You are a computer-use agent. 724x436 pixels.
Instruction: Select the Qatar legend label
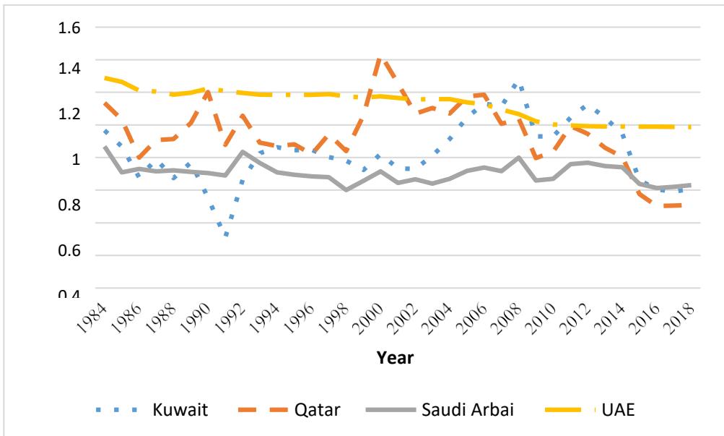click(x=318, y=410)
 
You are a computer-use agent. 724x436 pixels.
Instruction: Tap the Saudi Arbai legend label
click(x=468, y=410)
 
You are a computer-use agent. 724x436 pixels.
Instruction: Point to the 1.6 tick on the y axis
click(x=64, y=27)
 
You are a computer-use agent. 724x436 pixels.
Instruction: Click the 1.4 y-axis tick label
click(x=64, y=69)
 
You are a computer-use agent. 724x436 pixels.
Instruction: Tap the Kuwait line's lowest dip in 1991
click(x=227, y=236)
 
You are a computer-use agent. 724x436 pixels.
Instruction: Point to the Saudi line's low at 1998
click(x=347, y=189)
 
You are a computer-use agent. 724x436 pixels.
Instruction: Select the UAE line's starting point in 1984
click(x=105, y=77)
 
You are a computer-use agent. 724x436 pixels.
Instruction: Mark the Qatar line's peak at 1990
click(x=209, y=91)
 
